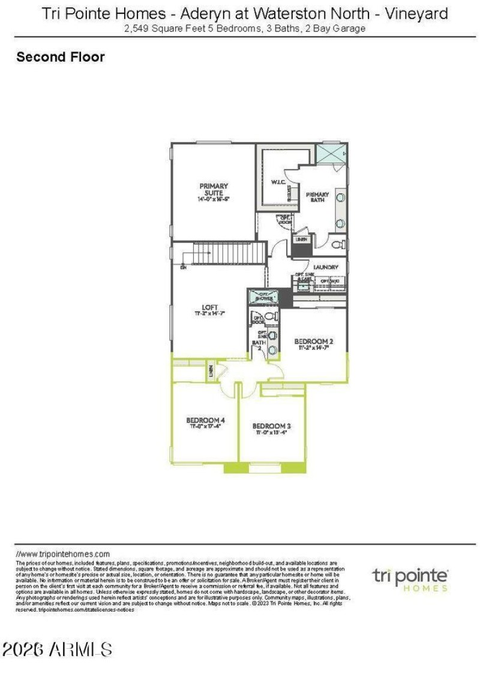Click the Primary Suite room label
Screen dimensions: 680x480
(214, 190)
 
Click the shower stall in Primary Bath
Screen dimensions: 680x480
(331, 154)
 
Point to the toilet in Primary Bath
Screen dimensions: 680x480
(338, 245)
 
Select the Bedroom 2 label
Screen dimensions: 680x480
(313, 342)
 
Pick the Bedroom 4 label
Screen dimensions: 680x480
(206, 420)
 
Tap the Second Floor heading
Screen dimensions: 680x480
(61, 57)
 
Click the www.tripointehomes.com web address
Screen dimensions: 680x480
(63, 554)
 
